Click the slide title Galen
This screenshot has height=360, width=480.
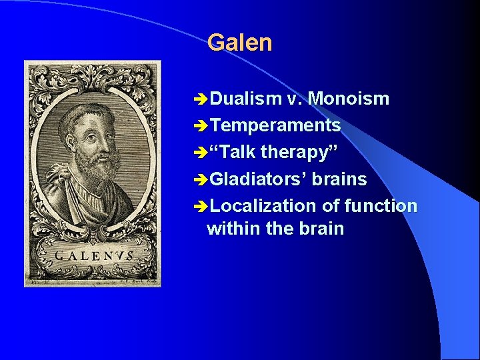[x=239, y=43]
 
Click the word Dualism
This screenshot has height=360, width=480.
[x=246, y=99]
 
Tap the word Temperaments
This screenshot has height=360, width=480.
[x=275, y=125]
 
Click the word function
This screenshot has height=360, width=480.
[x=381, y=206]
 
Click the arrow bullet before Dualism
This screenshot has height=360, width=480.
[x=199, y=100]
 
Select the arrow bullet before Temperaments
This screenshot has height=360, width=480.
[x=199, y=126]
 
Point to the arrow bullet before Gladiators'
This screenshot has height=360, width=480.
[x=199, y=180]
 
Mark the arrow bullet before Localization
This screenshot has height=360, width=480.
[x=199, y=207]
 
